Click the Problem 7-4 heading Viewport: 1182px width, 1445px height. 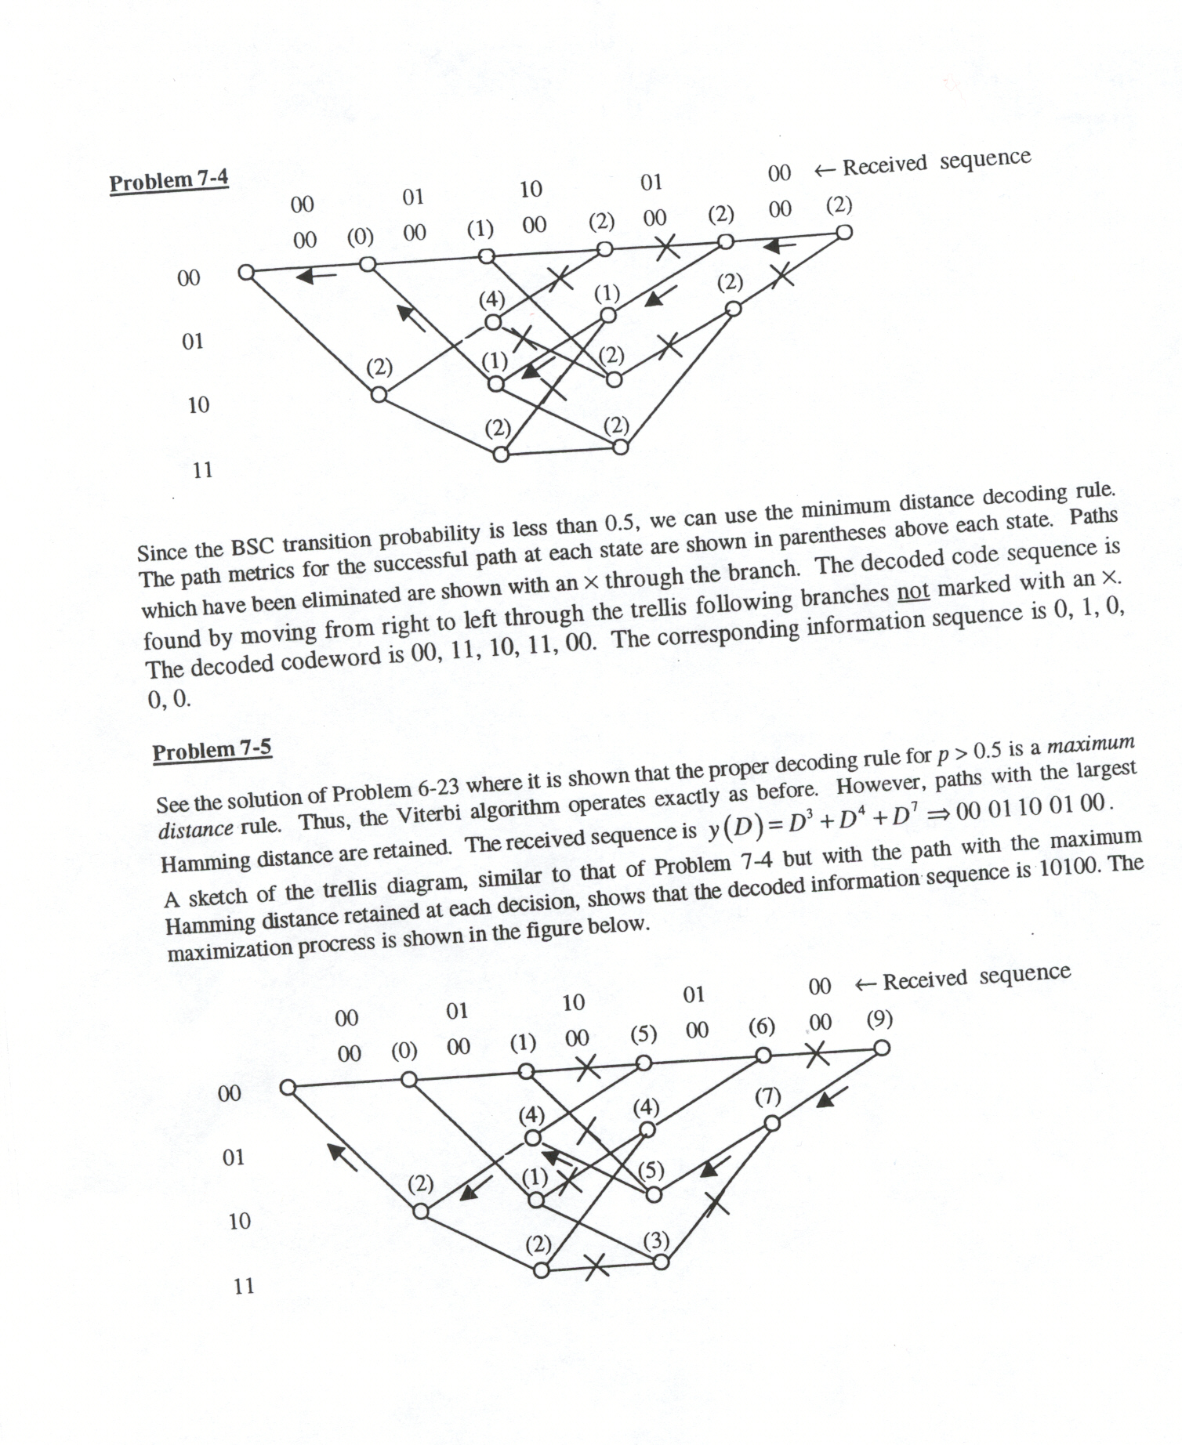(169, 181)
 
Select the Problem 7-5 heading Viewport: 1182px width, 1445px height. (212, 750)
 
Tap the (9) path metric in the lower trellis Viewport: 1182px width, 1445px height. (879, 1019)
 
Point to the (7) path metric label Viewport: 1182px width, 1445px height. (767, 1096)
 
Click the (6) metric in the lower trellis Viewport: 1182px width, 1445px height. (761, 1027)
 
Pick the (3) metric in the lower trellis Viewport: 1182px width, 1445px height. (656, 1240)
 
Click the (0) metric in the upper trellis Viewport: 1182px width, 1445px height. (360, 236)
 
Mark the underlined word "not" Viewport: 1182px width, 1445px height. (912, 590)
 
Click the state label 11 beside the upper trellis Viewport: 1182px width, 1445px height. (202, 470)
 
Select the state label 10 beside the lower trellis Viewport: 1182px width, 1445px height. (239, 1220)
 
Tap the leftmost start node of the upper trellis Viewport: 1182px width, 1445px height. (246, 272)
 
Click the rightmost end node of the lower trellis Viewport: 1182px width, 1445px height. (882, 1048)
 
